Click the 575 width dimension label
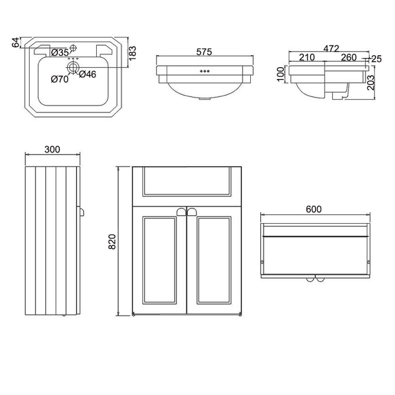[x=204, y=52]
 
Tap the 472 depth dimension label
[x=331, y=48]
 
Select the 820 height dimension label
[x=112, y=241]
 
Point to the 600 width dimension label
[x=314, y=209]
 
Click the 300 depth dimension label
[x=52, y=150]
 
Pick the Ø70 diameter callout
[x=60, y=79]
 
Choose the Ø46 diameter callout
[x=88, y=75]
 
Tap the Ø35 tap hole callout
[x=60, y=53]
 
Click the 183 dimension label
[x=133, y=53]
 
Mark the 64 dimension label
[x=16, y=42]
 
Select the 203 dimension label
[x=371, y=82]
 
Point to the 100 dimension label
[x=280, y=74]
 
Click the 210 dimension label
[x=307, y=57]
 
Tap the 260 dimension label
[x=349, y=57]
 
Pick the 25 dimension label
[x=377, y=59]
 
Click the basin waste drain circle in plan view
[x=73, y=67]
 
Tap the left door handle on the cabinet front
[x=181, y=212]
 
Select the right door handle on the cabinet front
[x=192, y=212]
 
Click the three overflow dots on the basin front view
[x=204, y=71]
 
